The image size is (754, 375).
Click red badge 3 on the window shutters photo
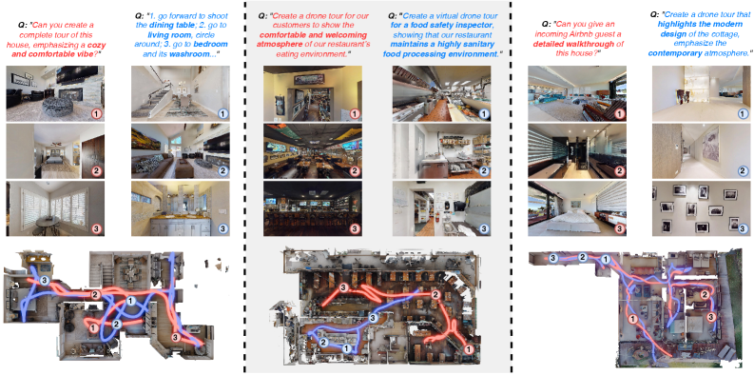97,228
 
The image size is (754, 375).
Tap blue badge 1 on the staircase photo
222,113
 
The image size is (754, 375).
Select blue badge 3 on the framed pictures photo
743,228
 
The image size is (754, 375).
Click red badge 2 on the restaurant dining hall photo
355,171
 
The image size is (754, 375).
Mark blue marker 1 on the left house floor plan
130,302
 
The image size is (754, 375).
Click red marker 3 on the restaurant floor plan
343,288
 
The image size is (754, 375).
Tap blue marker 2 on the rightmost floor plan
582,257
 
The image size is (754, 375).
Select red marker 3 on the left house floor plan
175,337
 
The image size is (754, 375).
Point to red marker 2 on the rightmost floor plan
705,295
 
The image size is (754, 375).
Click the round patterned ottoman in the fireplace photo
57,106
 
